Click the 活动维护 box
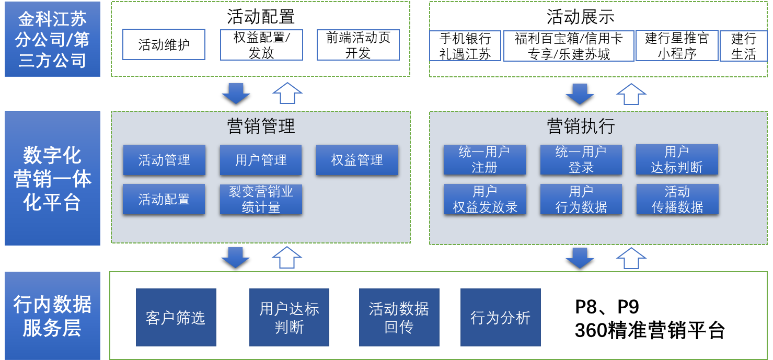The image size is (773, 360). (x=164, y=44)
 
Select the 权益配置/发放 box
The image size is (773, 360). (x=261, y=45)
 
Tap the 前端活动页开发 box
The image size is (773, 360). (x=358, y=45)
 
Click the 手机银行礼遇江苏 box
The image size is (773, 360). (x=465, y=46)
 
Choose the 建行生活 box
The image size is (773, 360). (x=743, y=46)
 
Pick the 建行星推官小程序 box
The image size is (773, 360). (x=677, y=45)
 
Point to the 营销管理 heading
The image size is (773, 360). (x=261, y=126)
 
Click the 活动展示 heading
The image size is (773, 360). (x=581, y=17)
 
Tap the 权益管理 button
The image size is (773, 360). (x=357, y=160)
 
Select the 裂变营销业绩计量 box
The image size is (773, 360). (x=261, y=199)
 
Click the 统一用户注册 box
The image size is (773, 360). (x=484, y=159)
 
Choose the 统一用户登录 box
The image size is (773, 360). (x=581, y=159)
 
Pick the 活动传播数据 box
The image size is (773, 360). (x=677, y=199)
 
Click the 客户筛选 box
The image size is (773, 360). (x=176, y=317)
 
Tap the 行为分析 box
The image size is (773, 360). (x=500, y=317)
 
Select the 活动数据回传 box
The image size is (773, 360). (x=399, y=317)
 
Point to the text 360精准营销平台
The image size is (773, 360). (x=650, y=330)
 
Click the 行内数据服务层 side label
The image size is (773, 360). (x=52, y=316)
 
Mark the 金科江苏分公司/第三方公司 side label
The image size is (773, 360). (x=52, y=39)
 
